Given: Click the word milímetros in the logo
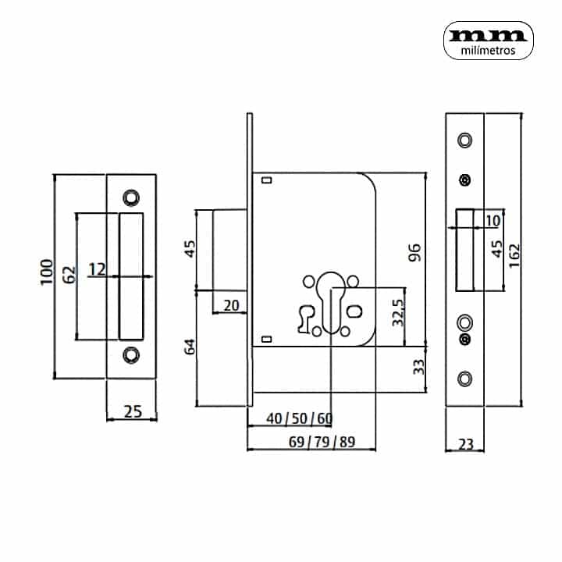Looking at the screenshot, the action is (x=488, y=51).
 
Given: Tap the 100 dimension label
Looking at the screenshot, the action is (x=47, y=272).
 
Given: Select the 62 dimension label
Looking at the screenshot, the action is (x=69, y=275).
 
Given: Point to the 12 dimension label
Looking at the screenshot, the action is (x=97, y=269).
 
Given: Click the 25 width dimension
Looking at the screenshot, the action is (x=133, y=411).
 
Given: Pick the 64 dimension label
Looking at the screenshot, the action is (x=190, y=347).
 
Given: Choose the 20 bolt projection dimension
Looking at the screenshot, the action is (x=231, y=306).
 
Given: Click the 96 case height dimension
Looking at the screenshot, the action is (x=414, y=253).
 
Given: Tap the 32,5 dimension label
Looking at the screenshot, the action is (x=398, y=313).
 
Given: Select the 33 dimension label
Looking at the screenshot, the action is (x=418, y=367).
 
